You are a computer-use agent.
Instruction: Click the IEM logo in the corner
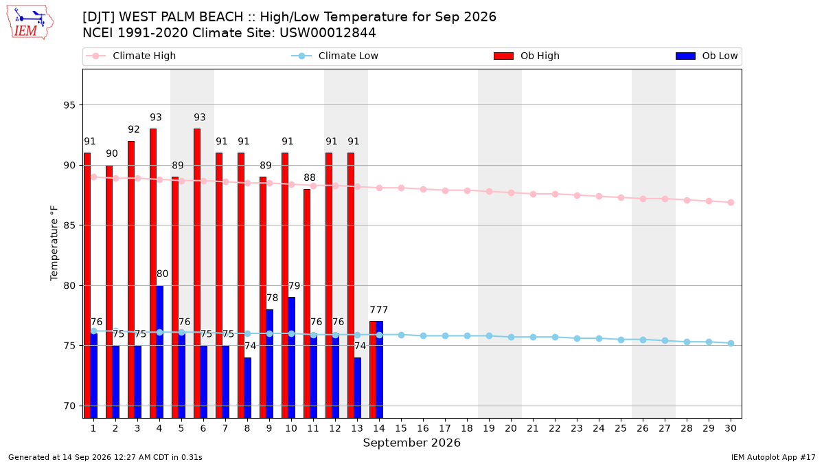point(30,23)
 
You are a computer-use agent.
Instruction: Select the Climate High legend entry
point(130,56)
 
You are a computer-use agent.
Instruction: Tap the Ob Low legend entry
point(707,56)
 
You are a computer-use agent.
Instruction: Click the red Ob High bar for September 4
point(153,274)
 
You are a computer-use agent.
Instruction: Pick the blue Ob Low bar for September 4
point(159,352)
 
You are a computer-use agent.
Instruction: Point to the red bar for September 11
point(307,303)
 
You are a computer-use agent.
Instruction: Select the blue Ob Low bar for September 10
point(291,357)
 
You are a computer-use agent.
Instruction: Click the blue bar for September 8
point(248,388)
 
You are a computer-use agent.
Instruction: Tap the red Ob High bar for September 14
point(373,370)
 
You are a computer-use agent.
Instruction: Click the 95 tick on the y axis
point(69,105)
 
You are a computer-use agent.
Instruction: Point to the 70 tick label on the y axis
point(69,406)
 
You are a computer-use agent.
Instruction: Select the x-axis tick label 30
point(731,428)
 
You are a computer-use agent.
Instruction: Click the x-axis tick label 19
point(489,428)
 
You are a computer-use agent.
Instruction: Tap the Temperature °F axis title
point(54,243)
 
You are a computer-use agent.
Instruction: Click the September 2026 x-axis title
point(411,443)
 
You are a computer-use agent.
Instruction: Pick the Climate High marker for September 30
point(731,203)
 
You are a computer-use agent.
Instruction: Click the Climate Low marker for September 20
point(511,337)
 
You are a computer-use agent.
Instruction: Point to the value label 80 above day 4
point(162,274)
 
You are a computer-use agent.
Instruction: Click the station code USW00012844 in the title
point(328,33)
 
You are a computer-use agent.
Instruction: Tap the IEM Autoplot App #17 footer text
point(773,457)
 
